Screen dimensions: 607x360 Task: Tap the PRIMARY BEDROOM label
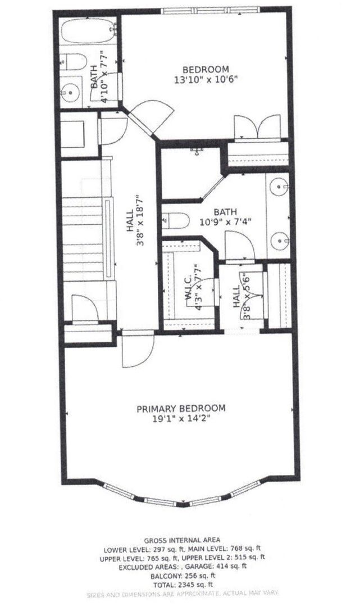pyautogui.click(x=181, y=408)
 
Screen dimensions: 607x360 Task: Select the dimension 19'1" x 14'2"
pyautogui.click(x=181, y=418)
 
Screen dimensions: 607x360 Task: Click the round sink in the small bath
pyautogui.click(x=71, y=90)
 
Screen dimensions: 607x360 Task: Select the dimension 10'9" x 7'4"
pyautogui.click(x=225, y=221)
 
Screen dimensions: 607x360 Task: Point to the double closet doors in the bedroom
pyautogui.click(x=257, y=126)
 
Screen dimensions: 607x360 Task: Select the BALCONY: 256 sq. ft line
pyautogui.click(x=182, y=576)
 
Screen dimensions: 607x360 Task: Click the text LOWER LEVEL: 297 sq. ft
pyautogui.click(x=134, y=548)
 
